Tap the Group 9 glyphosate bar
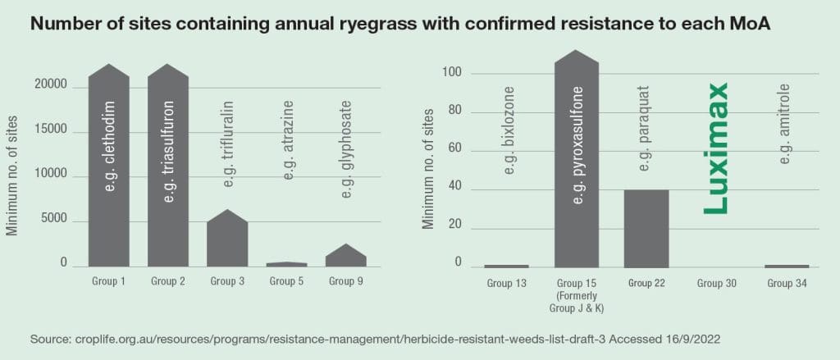346,257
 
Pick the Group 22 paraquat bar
646,229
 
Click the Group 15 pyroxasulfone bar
577,164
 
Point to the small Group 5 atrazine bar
287,264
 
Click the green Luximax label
718,148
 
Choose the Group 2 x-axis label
167,281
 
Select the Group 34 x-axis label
787,283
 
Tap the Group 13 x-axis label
506,283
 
